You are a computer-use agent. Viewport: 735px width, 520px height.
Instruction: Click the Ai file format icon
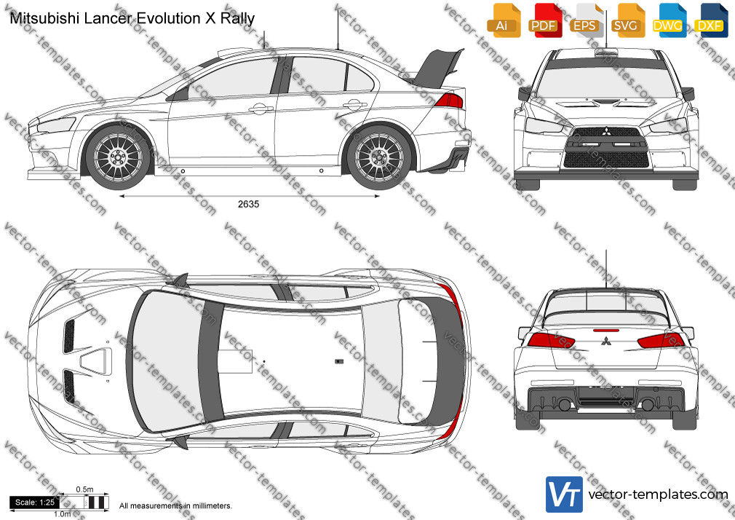tap(504, 20)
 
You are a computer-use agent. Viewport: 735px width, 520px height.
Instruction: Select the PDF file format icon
tap(544, 20)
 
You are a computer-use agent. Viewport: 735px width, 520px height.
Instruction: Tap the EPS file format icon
tap(586, 20)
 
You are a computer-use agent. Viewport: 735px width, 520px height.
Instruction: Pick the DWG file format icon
tap(669, 20)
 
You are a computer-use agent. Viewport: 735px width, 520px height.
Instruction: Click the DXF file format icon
tap(711, 20)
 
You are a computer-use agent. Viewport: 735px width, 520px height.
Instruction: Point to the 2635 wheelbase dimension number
tap(248, 204)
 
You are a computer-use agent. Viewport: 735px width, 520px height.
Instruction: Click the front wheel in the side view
tap(118, 157)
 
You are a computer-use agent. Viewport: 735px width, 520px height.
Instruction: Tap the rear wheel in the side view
tap(378, 157)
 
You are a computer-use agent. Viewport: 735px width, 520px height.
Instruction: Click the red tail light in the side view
tap(449, 101)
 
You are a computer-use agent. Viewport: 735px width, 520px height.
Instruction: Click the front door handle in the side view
tap(261, 109)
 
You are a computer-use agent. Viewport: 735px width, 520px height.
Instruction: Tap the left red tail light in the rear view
tap(551, 340)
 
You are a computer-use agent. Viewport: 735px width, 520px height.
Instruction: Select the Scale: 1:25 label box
tap(35, 503)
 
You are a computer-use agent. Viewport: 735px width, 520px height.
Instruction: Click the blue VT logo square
tap(565, 495)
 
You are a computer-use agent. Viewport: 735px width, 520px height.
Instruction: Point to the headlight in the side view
tap(56, 125)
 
